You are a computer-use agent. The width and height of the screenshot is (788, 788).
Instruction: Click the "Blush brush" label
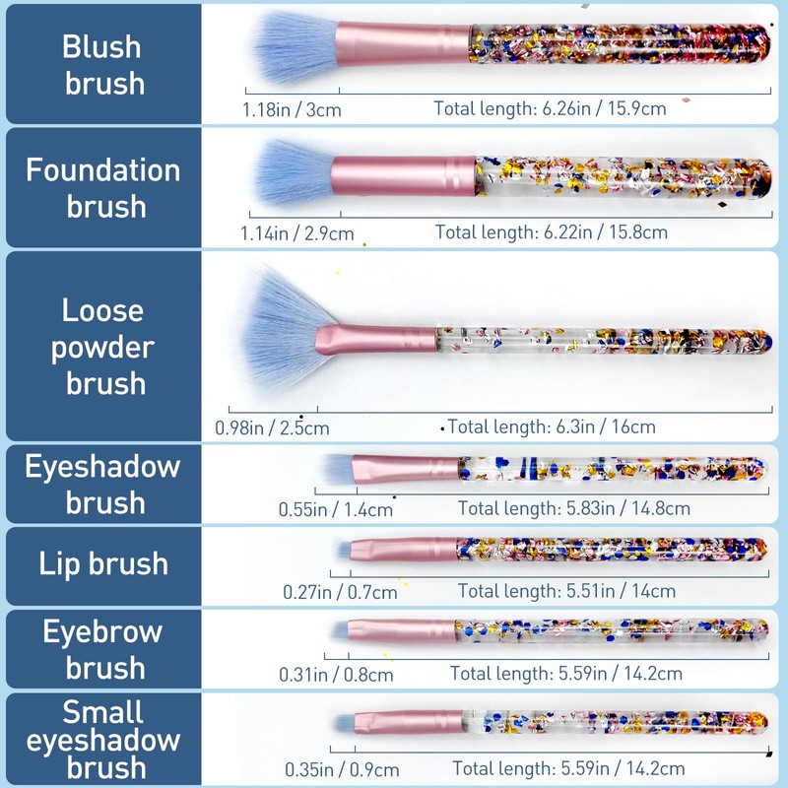[x=102, y=64]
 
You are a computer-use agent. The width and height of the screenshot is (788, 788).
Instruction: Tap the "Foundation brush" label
[x=102, y=188]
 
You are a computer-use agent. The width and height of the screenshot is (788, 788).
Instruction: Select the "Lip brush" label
[x=102, y=564]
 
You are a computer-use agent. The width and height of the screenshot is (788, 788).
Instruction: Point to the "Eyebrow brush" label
[x=102, y=649]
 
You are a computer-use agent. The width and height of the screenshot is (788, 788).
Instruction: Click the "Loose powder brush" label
[x=102, y=347]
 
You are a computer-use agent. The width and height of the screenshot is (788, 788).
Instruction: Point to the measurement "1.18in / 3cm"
[x=292, y=109]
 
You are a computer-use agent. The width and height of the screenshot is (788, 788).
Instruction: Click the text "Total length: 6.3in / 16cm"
[x=552, y=427]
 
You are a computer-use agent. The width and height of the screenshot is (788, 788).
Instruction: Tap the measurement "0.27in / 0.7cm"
[x=340, y=592]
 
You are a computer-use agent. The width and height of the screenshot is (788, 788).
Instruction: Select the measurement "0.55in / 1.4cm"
[x=335, y=509]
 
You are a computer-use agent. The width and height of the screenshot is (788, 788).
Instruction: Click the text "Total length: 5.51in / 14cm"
[x=566, y=591]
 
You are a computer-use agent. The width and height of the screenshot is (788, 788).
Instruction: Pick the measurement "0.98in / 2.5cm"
[x=272, y=428]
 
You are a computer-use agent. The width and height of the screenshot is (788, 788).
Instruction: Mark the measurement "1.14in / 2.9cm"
[x=296, y=233]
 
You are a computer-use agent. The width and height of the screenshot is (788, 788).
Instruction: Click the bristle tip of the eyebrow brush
[x=338, y=629]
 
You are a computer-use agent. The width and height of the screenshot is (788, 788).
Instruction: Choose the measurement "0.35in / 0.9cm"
[x=339, y=769]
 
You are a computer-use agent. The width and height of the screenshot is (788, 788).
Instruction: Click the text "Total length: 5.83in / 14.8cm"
[x=573, y=508]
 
